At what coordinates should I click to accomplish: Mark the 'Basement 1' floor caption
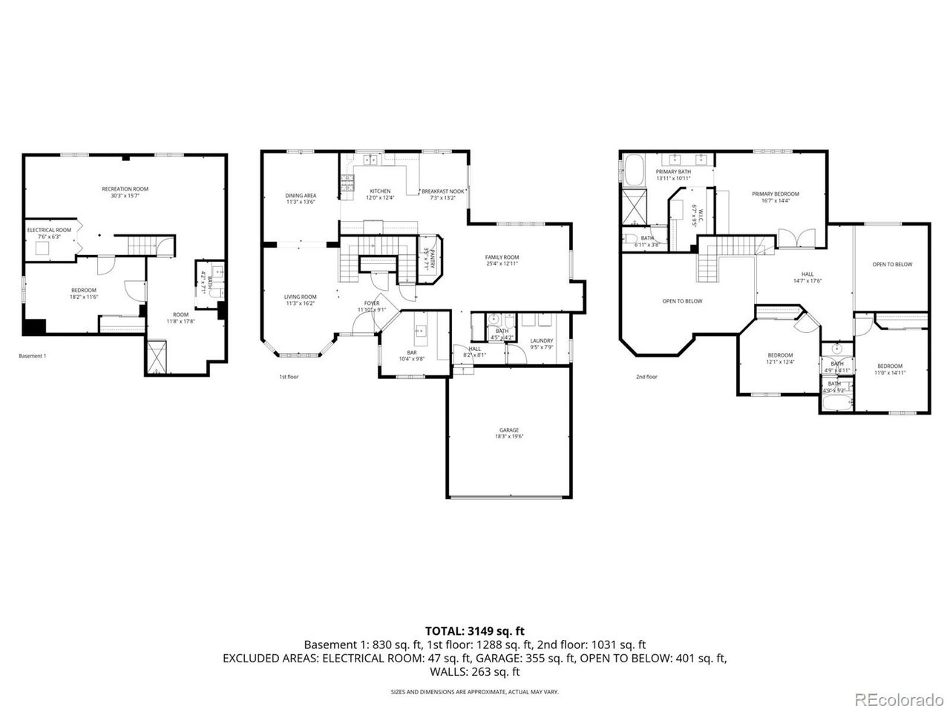pos(32,356)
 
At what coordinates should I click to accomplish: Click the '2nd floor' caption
pos(646,377)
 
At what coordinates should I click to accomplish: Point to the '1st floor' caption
pos(288,377)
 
